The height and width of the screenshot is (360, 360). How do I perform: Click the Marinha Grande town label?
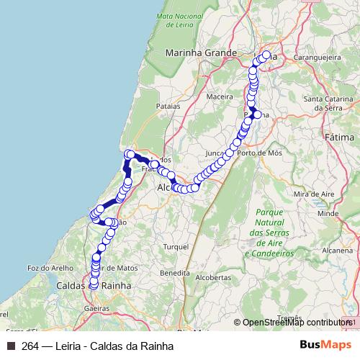pyautogui.click(x=201, y=53)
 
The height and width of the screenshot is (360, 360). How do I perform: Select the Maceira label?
pyautogui.click(x=220, y=95)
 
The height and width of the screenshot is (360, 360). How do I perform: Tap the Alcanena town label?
pyautogui.click(x=338, y=251)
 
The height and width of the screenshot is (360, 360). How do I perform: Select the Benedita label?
pyautogui.click(x=175, y=274)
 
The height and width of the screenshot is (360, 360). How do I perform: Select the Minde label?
pyautogui.click(x=328, y=214)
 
